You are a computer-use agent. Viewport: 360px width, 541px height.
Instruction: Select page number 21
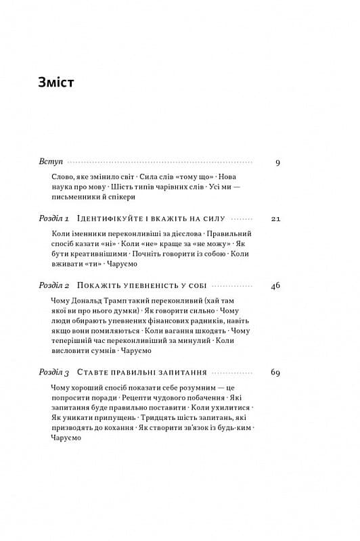pyautogui.click(x=275, y=219)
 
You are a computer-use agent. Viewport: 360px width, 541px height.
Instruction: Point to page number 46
pyautogui.click(x=275, y=285)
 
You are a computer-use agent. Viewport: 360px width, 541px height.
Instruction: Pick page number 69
pyautogui.click(x=275, y=373)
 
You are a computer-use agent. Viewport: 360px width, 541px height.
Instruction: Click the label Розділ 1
pyautogui.click(x=55, y=219)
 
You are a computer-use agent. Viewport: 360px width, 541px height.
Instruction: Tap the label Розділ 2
pyautogui.click(x=55, y=285)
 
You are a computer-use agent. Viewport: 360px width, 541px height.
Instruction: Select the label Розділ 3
pyautogui.click(x=55, y=373)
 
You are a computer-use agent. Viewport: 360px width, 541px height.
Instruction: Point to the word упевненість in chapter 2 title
pyautogui.click(x=140, y=285)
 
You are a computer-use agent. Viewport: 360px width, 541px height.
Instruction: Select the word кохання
pyautogui.click(x=117, y=427)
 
